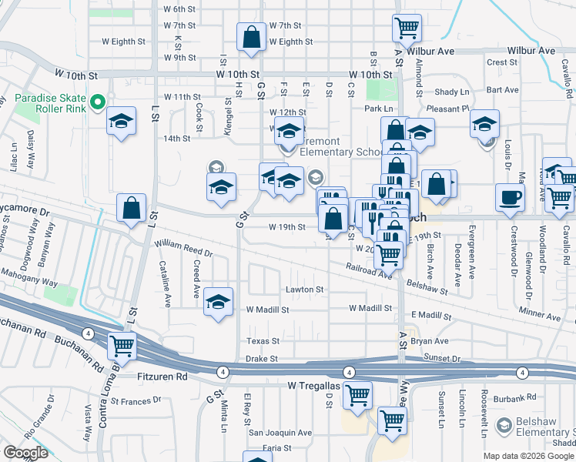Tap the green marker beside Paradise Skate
(x=97, y=102)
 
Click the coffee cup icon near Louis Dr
(x=510, y=197)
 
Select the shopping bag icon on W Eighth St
(x=252, y=36)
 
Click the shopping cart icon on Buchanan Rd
(x=122, y=346)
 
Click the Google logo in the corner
(x=25, y=453)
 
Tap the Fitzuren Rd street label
(x=162, y=377)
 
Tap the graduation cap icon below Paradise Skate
(x=121, y=122)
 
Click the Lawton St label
(x=305, y=290)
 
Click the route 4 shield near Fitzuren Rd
(x=223, y=372)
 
